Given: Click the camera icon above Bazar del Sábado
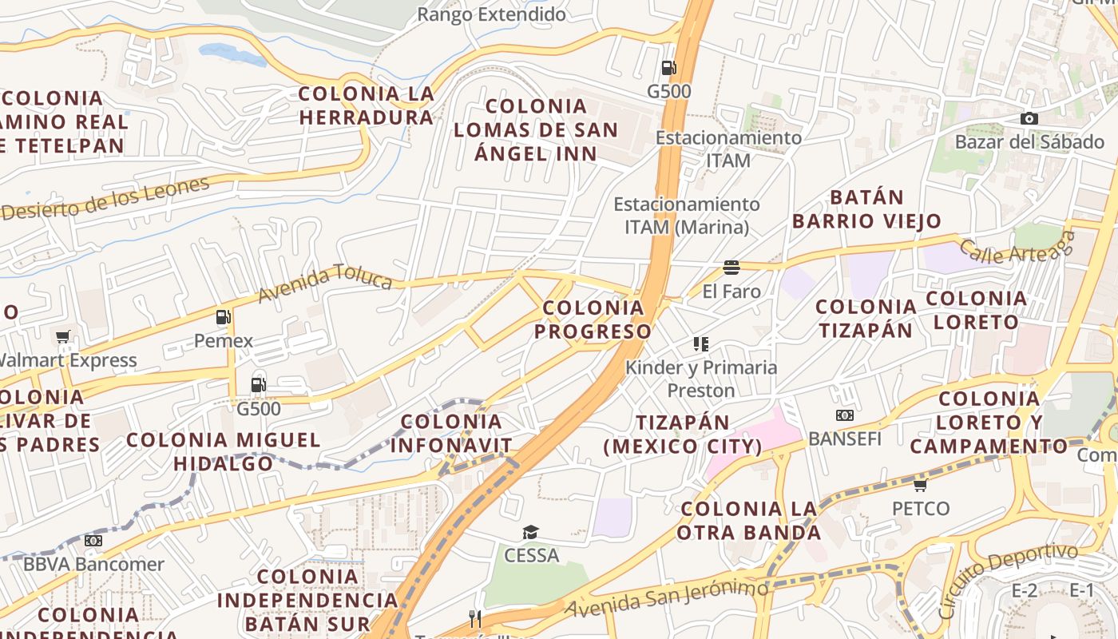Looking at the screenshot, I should pos(1029,119).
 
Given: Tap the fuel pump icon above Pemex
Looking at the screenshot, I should pos(223,317).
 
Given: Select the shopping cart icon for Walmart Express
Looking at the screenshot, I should pos(63,336).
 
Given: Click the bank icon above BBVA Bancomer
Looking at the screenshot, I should pos(93,541).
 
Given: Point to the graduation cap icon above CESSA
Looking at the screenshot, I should pos(530,532).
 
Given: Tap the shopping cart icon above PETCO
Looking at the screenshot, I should pos(921,485).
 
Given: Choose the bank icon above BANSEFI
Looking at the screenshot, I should pos(844,415).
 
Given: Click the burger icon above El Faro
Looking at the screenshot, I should pos(731,267).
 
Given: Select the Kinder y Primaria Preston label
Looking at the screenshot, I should pos(701,379).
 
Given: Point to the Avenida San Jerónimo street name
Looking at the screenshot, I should pos(667,598).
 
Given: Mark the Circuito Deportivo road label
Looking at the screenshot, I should pos(1008,579).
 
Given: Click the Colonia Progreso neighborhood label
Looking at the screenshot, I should pos(593,319).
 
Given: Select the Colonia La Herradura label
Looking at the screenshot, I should pos(366,105).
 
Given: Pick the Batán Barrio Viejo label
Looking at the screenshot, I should pos(866,209).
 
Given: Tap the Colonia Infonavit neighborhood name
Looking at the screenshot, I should pos(451,433).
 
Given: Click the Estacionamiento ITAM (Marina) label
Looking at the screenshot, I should pos(687,216).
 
